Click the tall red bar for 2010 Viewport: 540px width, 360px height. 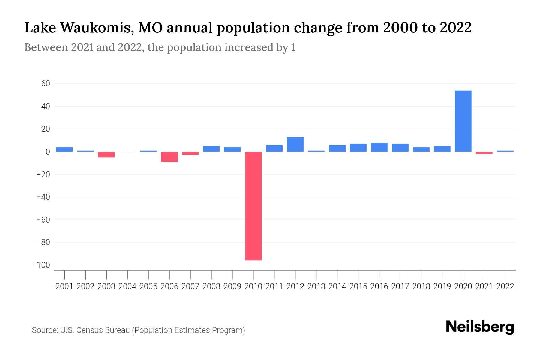point(253,206)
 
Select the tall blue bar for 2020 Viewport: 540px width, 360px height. point(463,121)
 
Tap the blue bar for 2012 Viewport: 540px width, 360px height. point(295,144)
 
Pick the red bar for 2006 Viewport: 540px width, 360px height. point(169,157)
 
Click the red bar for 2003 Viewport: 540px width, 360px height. point(106,154)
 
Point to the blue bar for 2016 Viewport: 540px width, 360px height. point(379,147)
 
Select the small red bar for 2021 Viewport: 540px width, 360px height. point(484,153)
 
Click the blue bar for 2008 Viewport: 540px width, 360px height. point(211,149)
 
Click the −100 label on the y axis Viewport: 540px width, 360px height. point(41,265)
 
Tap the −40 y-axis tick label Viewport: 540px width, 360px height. point(43,197)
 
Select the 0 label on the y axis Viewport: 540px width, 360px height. point(48,152)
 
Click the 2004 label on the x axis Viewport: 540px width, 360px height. point(127,286)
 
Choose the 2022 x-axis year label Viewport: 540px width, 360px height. point(505,286)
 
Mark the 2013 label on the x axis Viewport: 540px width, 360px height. point(316,286)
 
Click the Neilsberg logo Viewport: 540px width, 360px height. point(480,327)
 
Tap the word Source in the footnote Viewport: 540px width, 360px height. point(44,330)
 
